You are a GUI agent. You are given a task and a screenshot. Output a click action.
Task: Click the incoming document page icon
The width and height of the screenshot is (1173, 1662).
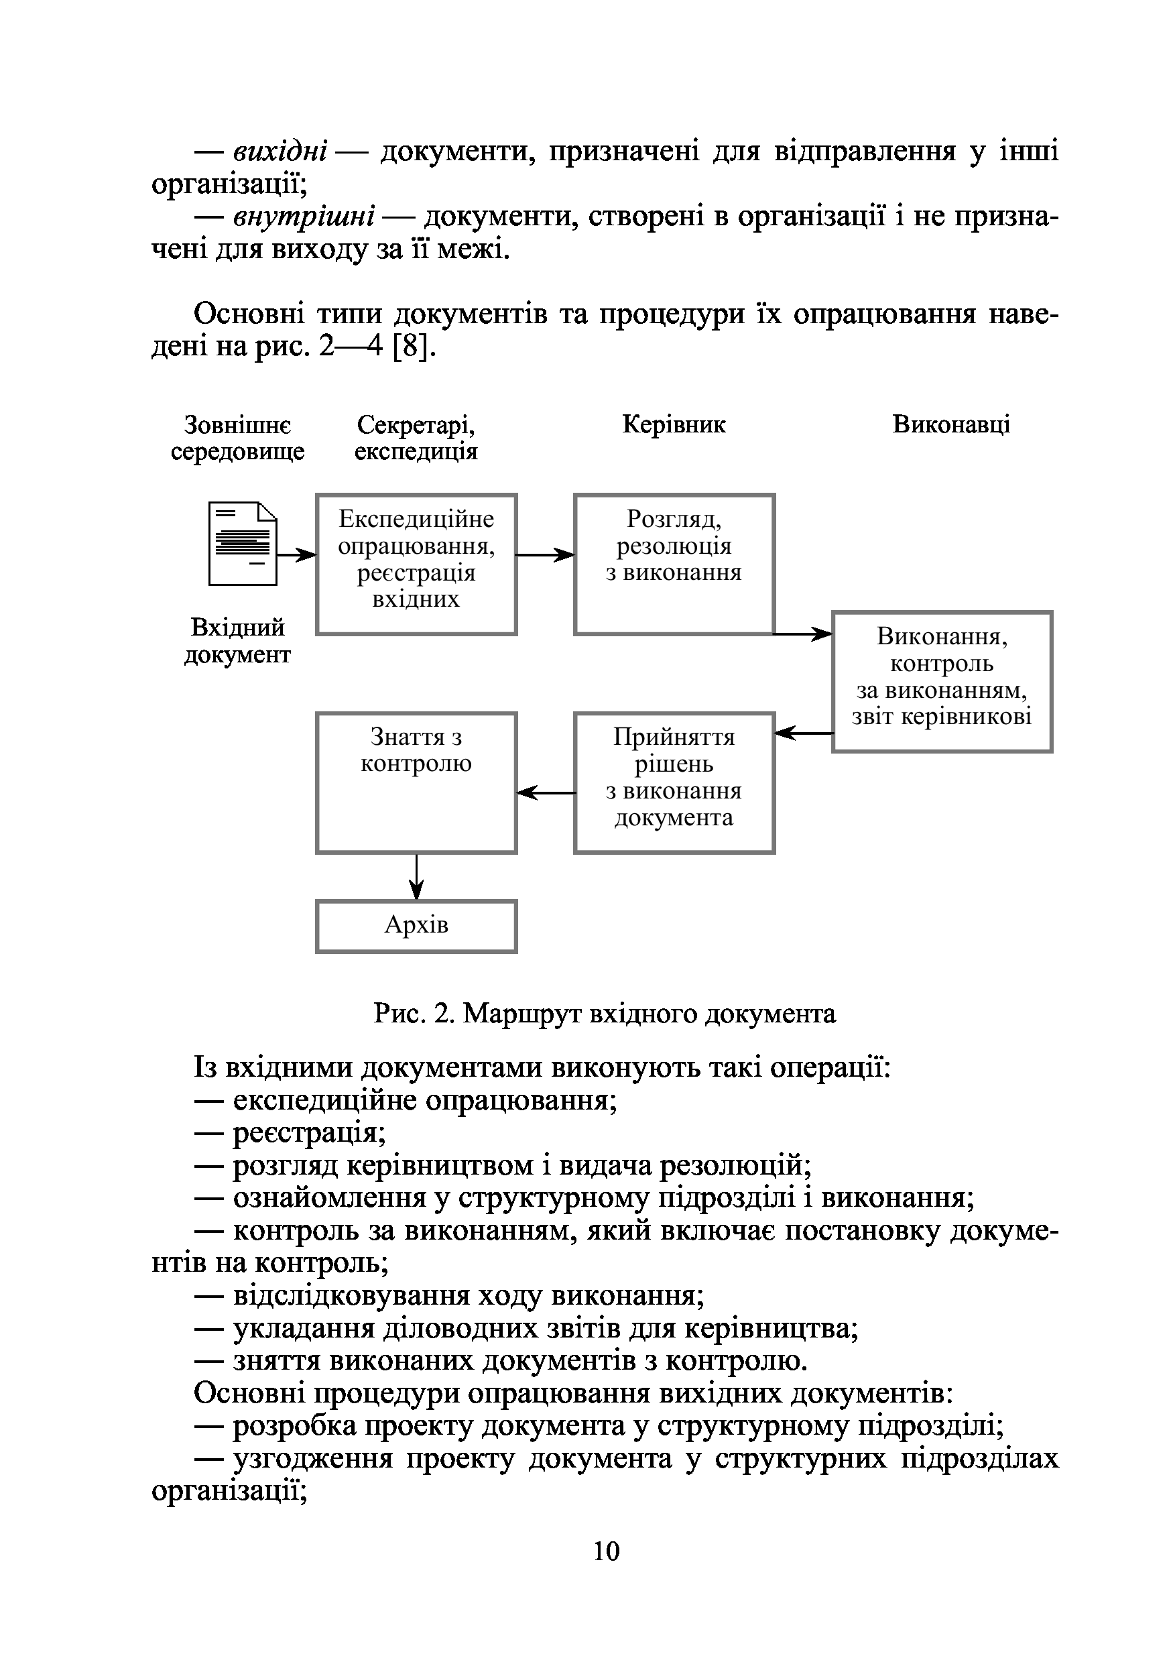pyautogui.click(x=243, y=543)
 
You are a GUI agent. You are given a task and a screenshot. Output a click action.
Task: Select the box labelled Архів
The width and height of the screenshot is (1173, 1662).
pyautogui.click(x=416, y=926)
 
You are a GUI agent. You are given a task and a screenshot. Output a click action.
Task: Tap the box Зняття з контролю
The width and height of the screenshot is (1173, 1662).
pyautogui.click(x=416, y=782)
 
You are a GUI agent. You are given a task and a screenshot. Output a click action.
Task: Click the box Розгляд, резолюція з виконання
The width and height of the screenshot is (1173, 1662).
pyautogui.click(x=674, y=564)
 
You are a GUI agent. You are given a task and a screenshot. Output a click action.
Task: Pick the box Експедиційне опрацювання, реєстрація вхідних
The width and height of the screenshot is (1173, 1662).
pyautogui.click(x=416, y=564)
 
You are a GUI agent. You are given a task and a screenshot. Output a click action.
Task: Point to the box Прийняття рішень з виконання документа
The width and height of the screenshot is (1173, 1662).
pyautogui.click(x=674, y=782)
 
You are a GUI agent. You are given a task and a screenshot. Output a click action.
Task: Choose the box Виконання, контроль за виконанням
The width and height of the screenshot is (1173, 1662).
pyautogui.click(x=942, y=681)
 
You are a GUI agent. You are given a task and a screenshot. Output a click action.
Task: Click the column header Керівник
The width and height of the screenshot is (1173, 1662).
pyautogui.click(x=674, y=424)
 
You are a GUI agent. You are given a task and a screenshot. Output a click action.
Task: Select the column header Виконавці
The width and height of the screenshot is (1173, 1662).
pyautogui.click(x=951, y=424)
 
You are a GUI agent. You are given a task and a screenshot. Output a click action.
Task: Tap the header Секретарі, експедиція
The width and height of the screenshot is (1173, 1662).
pyautogui.click(x=416, y=437)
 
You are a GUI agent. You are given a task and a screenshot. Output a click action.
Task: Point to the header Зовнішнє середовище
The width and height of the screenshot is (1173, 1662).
pyautogui.click(x=237, y=437)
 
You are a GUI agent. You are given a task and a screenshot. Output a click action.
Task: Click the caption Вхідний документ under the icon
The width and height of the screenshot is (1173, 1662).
pyautogui.click(x=237, y=641)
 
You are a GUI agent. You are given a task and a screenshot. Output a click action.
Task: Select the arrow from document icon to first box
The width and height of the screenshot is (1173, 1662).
pyautogui.click(x=297, y=555)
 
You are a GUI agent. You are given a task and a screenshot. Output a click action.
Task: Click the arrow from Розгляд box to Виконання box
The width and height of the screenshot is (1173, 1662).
pyautogui.click(x=802, y=634)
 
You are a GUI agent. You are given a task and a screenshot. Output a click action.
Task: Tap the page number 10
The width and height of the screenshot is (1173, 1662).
pyautogui.click(x=606, y=1551)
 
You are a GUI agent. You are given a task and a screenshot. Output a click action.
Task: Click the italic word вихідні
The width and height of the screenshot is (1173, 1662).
pyautogui.click(x=281, y=152)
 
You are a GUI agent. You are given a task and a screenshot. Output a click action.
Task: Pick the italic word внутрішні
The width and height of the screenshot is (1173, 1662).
pyautogui.click(x=304, y=217)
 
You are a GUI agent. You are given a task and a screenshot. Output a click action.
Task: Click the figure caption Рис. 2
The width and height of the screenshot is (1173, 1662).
pyautogui.click(x=604, y=1014)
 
